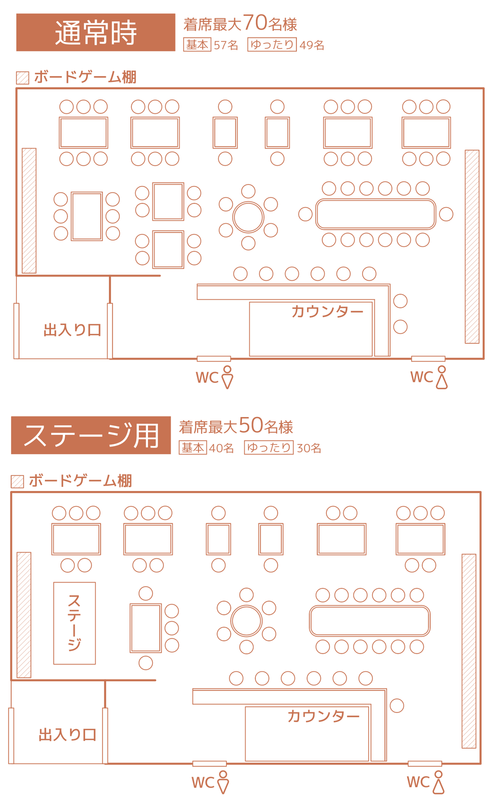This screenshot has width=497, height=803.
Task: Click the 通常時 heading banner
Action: coord(96,32)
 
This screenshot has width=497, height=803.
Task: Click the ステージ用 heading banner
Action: coord(91,435)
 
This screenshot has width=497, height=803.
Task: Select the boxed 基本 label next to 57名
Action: coord(197,45)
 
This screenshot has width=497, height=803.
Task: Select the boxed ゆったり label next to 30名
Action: coord(269,447)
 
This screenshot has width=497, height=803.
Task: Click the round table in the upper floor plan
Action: coord(248,217)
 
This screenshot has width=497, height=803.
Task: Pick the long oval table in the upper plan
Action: coord(375,214)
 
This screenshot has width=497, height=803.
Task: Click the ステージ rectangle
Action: coord(75,623)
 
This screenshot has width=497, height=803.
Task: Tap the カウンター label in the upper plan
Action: coord(327,311)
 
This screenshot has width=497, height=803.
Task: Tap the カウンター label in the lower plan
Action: coord(323,716)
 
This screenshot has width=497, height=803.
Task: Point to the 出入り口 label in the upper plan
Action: coord(72,330)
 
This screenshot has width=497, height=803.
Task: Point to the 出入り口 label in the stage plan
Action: coord(67,735)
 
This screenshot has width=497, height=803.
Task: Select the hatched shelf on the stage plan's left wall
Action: coord(24,615)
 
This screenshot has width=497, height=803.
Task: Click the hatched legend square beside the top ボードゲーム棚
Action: coord(23,78)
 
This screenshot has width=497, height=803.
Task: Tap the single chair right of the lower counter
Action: coord(397,705)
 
